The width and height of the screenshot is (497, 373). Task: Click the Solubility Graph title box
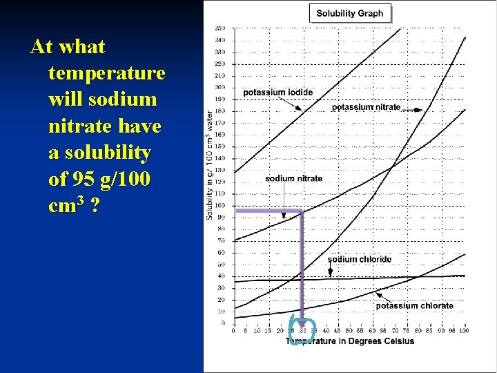click(351, 13)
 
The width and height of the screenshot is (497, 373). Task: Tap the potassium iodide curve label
click(277, 93)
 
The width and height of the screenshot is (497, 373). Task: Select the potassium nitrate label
click(366, 107)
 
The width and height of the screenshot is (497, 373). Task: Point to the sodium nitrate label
click(293, 178)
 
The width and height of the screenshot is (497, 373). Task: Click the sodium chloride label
click(359, 260)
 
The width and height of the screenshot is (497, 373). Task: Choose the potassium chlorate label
click(414, 305)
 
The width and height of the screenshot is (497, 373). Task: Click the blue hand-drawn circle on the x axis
click(302, 330)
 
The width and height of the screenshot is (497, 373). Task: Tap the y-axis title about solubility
click(209, 166)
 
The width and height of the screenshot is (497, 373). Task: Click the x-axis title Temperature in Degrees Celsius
click(350, 341)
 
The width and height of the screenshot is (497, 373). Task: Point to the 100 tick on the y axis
click(219, 205)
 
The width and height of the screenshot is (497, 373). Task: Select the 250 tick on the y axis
click(219, 28)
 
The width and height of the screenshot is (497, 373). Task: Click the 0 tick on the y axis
click(222, 323)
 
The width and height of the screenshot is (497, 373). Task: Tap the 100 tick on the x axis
click(464, 330)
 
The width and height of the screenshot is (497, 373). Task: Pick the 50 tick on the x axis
click(349, 330)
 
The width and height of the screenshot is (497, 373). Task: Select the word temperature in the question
click(107, 73)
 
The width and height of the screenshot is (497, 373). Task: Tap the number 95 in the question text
click(78, 179)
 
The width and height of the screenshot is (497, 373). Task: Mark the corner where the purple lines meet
click(302, 210)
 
